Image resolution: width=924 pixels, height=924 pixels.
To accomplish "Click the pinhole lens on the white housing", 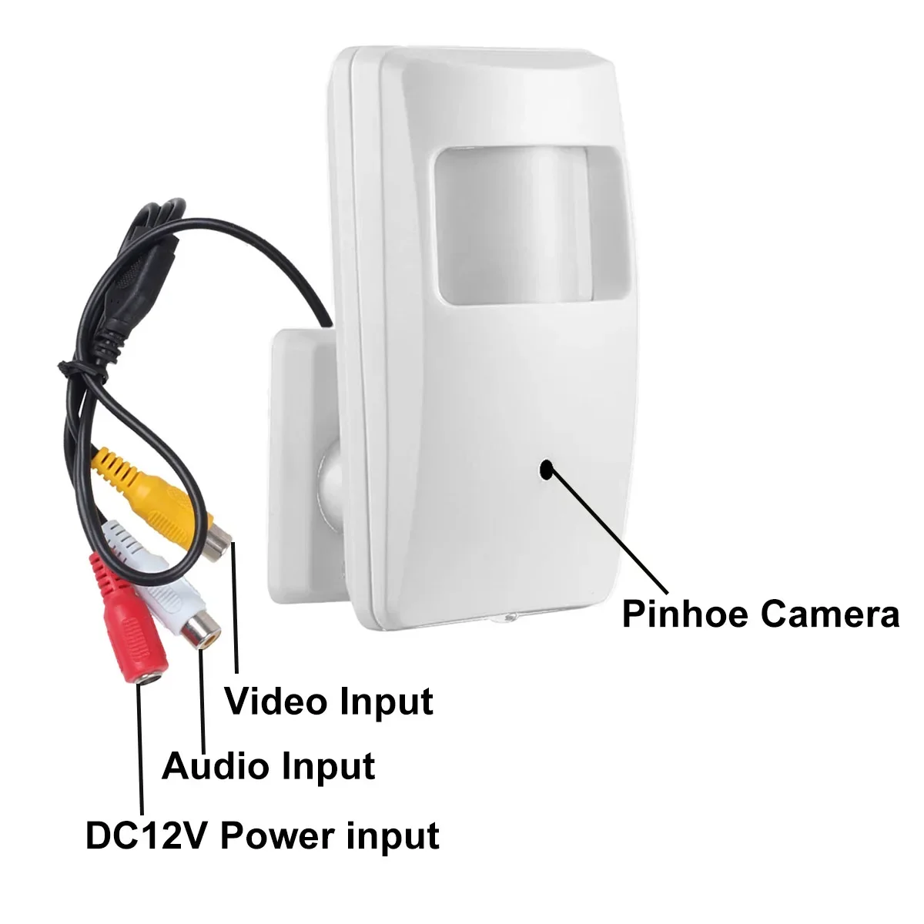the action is (546, 469).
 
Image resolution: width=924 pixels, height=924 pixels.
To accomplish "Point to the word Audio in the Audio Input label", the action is (216, 766).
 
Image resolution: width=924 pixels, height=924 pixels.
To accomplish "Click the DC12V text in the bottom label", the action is (146, 835).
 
